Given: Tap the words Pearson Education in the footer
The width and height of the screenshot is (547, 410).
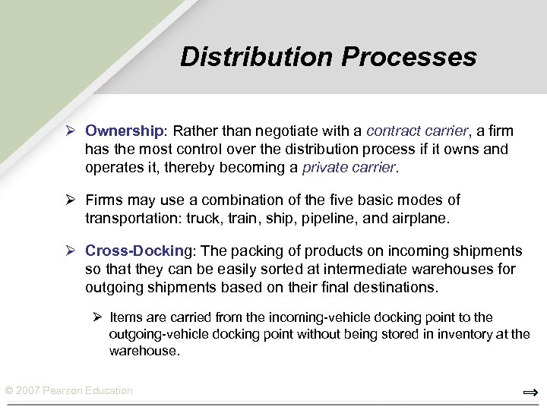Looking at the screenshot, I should [90, 390].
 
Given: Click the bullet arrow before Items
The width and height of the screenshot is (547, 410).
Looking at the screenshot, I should [98, 317].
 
